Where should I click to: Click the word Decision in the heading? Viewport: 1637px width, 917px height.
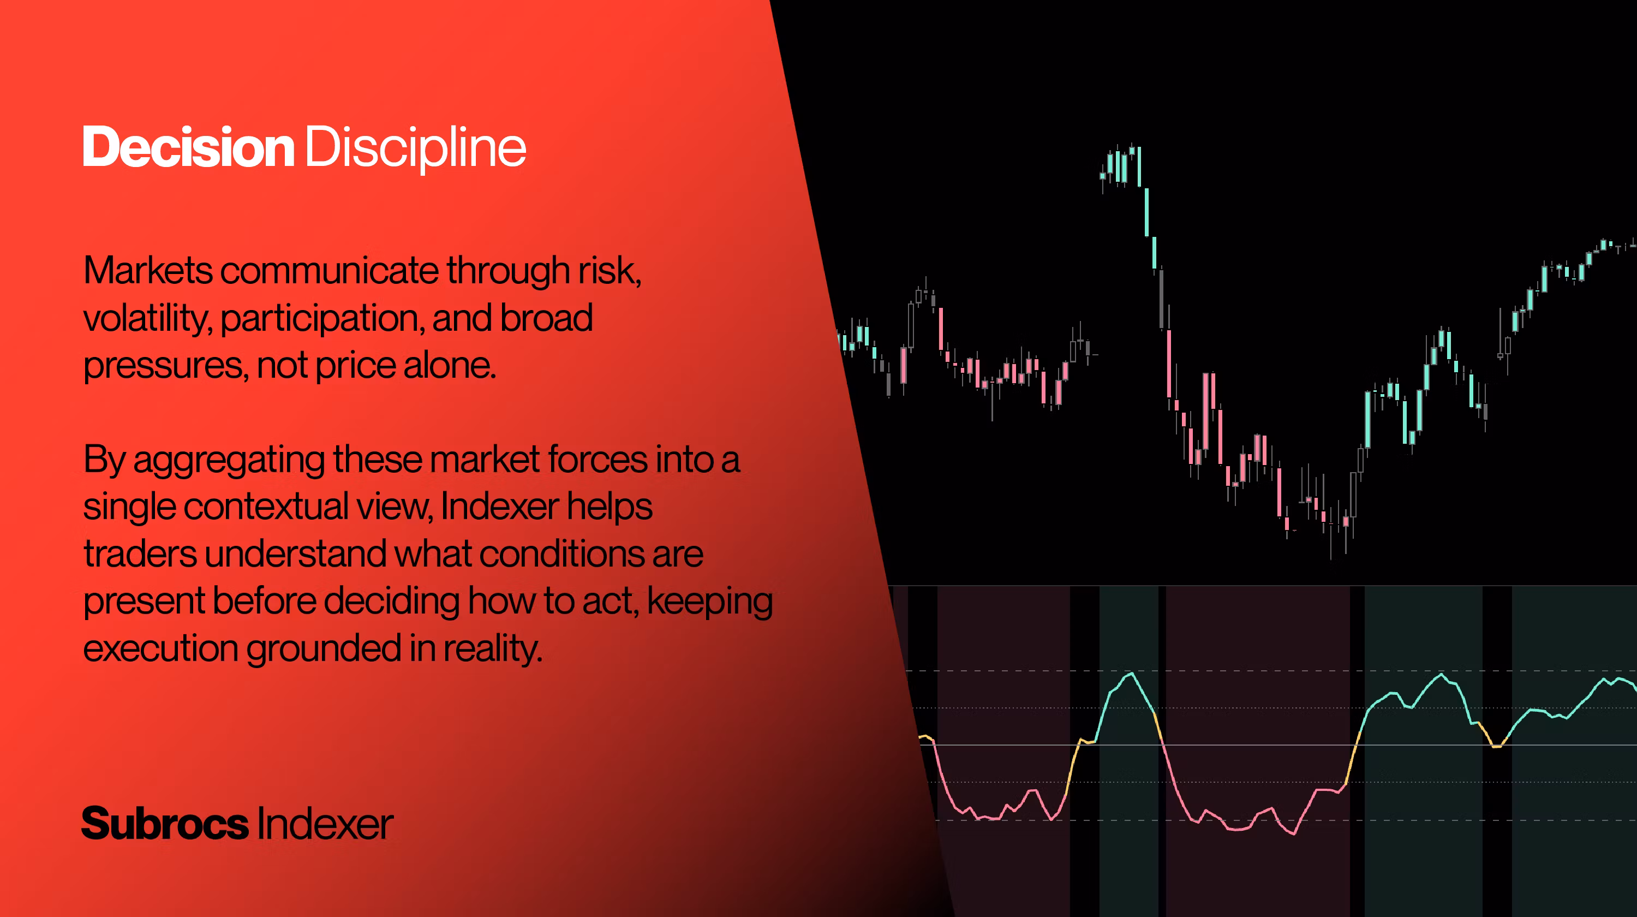(189, 147)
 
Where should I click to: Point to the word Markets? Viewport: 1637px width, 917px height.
(148, 270)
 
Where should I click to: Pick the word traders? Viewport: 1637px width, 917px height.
(140, 553)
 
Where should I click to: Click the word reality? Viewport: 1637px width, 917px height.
(493, 650)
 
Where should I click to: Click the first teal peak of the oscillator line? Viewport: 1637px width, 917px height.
(1131, 673)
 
